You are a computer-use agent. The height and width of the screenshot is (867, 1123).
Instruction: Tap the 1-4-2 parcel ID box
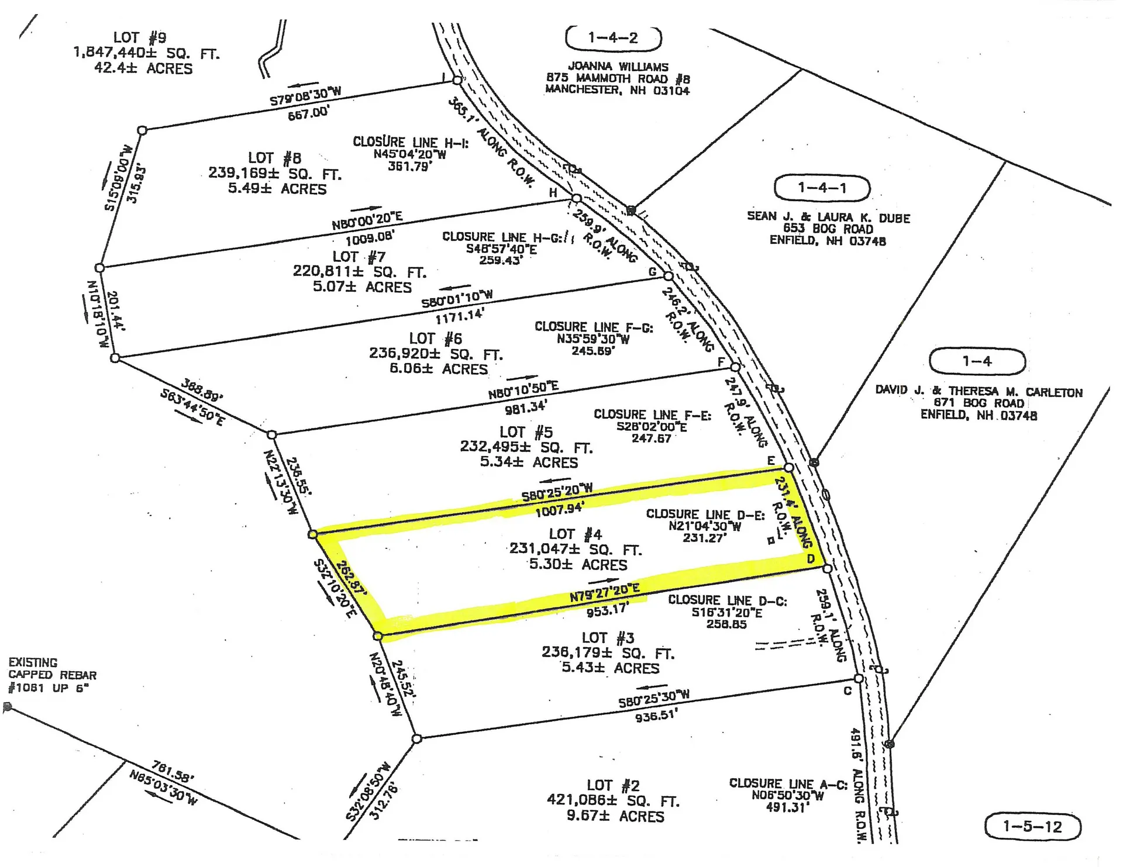tap(613, 38)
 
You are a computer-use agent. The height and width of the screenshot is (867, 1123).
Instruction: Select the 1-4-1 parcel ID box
tap(822, 188)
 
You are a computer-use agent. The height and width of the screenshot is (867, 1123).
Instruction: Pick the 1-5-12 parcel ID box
tap(1032, 826)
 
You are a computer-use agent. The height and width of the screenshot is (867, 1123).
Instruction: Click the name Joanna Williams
tap(618, 67)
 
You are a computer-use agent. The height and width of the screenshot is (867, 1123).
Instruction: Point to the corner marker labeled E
tap(789, 468)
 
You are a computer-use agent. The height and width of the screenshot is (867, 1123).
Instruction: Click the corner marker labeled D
tap(828, 568)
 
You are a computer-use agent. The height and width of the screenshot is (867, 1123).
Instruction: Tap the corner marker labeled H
tap(576, 199)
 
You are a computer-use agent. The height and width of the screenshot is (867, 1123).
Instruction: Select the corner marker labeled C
tap(859, 679)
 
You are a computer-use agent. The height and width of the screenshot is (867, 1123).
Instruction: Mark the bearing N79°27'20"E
tap(605, 592)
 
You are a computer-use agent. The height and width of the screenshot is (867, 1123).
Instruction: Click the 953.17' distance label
tap(607, 610)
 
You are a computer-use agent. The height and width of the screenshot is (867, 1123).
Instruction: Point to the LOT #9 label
tap(140, 38)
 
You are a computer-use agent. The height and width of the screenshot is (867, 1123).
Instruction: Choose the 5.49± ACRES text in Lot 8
tap(277, 189)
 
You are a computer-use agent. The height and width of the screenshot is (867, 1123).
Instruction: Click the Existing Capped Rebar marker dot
tap(8, 707)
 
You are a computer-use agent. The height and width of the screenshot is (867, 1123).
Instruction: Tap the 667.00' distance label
tap(308, 113)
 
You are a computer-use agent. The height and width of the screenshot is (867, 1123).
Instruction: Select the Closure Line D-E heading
tap(705, 514)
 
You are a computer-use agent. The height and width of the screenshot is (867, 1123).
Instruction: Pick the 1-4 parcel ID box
tap(977, 361)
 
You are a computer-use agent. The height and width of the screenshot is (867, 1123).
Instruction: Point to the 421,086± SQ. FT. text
tap(613, 800)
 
